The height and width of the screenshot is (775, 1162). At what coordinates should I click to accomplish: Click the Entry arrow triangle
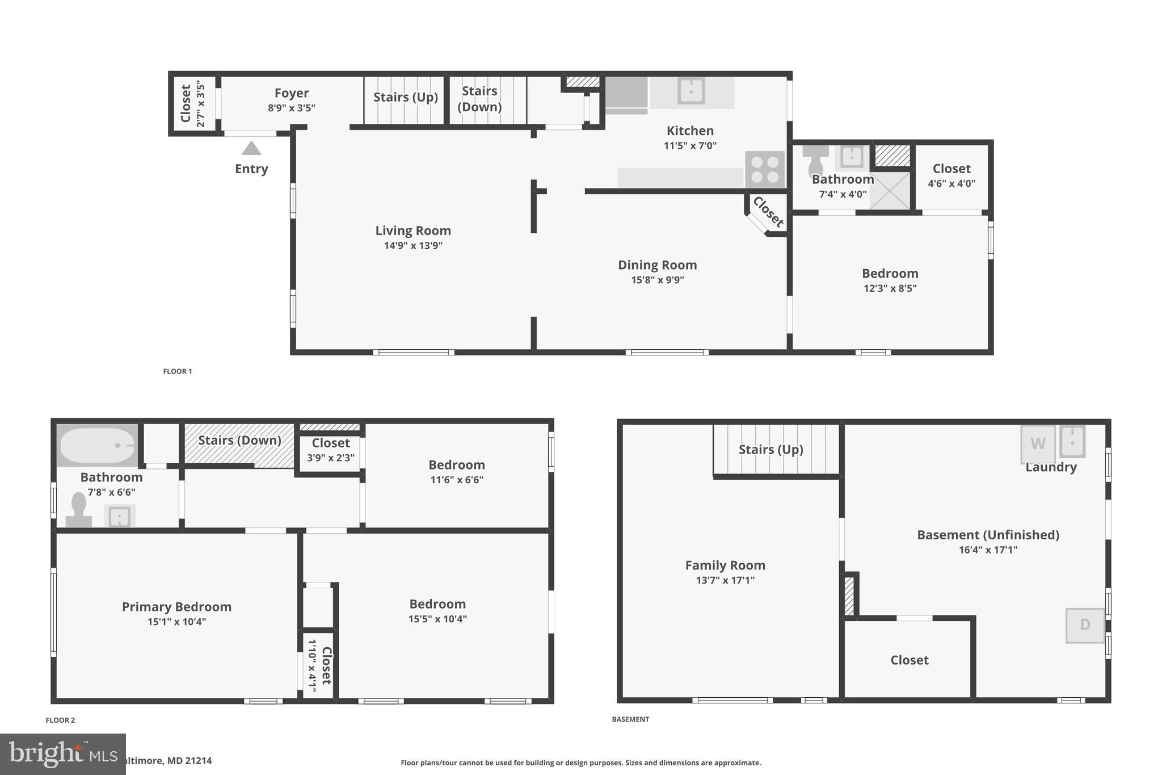pyautogui.click(x=251, y=149)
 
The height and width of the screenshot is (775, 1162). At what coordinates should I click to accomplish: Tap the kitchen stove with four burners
pyautogui.click(x=765, y=169)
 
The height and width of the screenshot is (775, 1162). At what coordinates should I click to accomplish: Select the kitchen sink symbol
pyautogui.click(x=692, y=91)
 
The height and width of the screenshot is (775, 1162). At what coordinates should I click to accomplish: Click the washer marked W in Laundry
pyautogui.click(x=1038, y=444)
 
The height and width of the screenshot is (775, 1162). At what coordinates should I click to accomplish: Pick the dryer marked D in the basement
pyautogui.click(x=1085, y=625)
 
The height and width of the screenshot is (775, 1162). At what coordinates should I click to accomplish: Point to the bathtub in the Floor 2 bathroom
pyautogui.click(x=97, y=446)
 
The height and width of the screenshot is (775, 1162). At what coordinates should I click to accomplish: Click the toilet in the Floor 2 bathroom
pyautogui.click(x=78, y=510)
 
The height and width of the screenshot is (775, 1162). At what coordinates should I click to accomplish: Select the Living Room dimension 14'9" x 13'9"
pyautogui.click(x=413, y=246)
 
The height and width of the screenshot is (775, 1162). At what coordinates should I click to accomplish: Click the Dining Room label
pyautogui.click(x=657, y=265)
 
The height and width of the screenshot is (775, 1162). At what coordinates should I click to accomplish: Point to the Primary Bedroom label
pyautogui.click(x=176, y=607)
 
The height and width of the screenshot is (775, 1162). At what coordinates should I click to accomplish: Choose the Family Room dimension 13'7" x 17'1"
pyautogui.click(x=725, y=580)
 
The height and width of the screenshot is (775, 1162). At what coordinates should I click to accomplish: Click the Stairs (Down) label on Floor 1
pyautogui.click(x=479, y=99)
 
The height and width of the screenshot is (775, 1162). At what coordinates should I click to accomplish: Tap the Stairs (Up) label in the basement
pyautogui.click(x=771, y=450)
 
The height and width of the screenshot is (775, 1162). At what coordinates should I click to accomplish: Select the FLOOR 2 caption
pyautogui.click(x=60, y=720)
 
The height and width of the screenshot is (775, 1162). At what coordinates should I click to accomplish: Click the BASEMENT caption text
pyautogui.click(x=630, y=719)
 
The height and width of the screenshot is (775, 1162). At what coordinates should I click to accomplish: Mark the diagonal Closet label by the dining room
pyautogui.click(x=768, y=212)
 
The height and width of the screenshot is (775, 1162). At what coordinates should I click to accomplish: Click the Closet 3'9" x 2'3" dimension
pyautogui.click(x=331, y=458)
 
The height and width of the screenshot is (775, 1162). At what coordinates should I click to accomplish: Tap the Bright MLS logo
pyautogui.click(x=62, y=754)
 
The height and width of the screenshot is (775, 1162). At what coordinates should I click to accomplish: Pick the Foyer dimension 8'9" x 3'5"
pyautogui.click(x=292, y=108)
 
